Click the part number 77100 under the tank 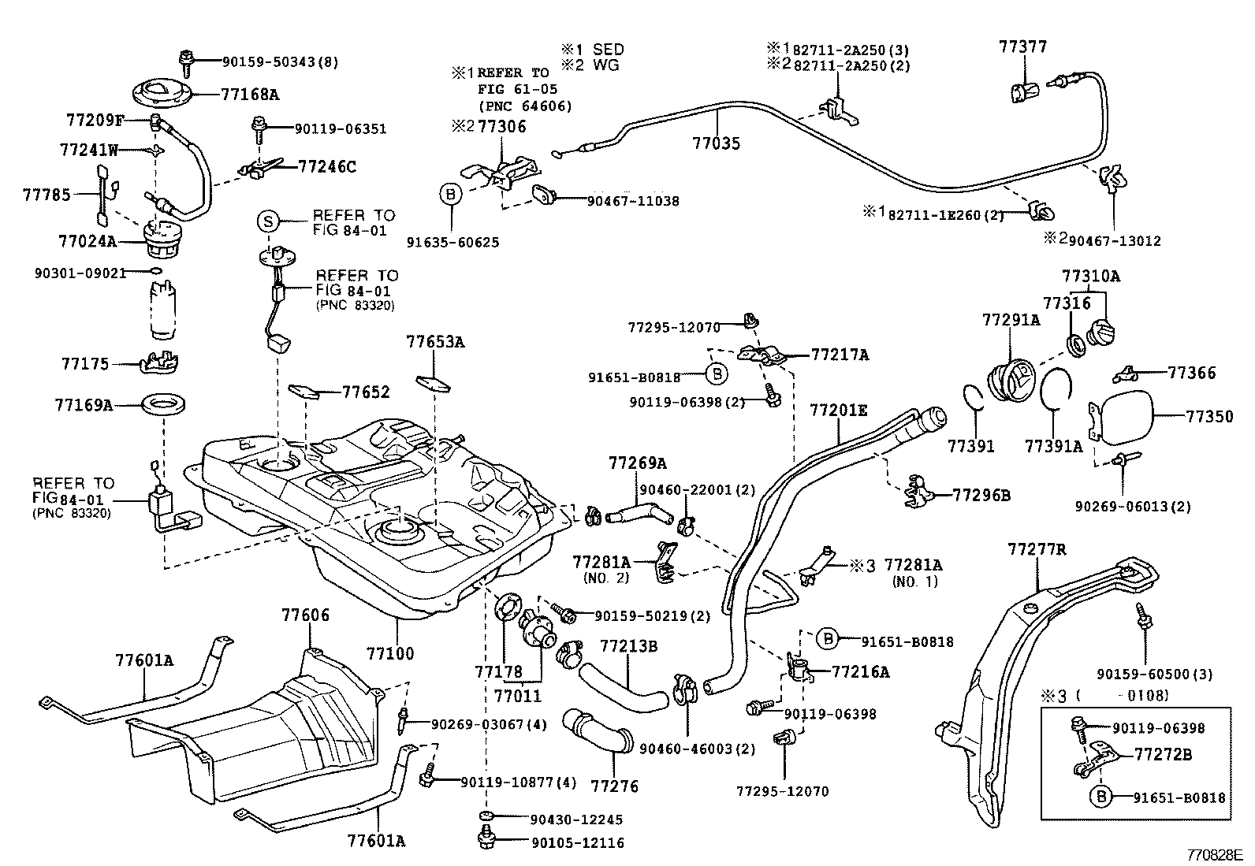click(389, 653)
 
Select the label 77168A click(249, 95)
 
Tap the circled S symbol click(268, 222)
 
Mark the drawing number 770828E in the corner click(1215, 854)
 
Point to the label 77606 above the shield click(306, 615)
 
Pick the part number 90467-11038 click(632, 202)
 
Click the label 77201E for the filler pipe click(838, 410)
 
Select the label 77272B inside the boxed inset click(1163, 754)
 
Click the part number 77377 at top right click(1023, 46)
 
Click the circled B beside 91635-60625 click(451, 195)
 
